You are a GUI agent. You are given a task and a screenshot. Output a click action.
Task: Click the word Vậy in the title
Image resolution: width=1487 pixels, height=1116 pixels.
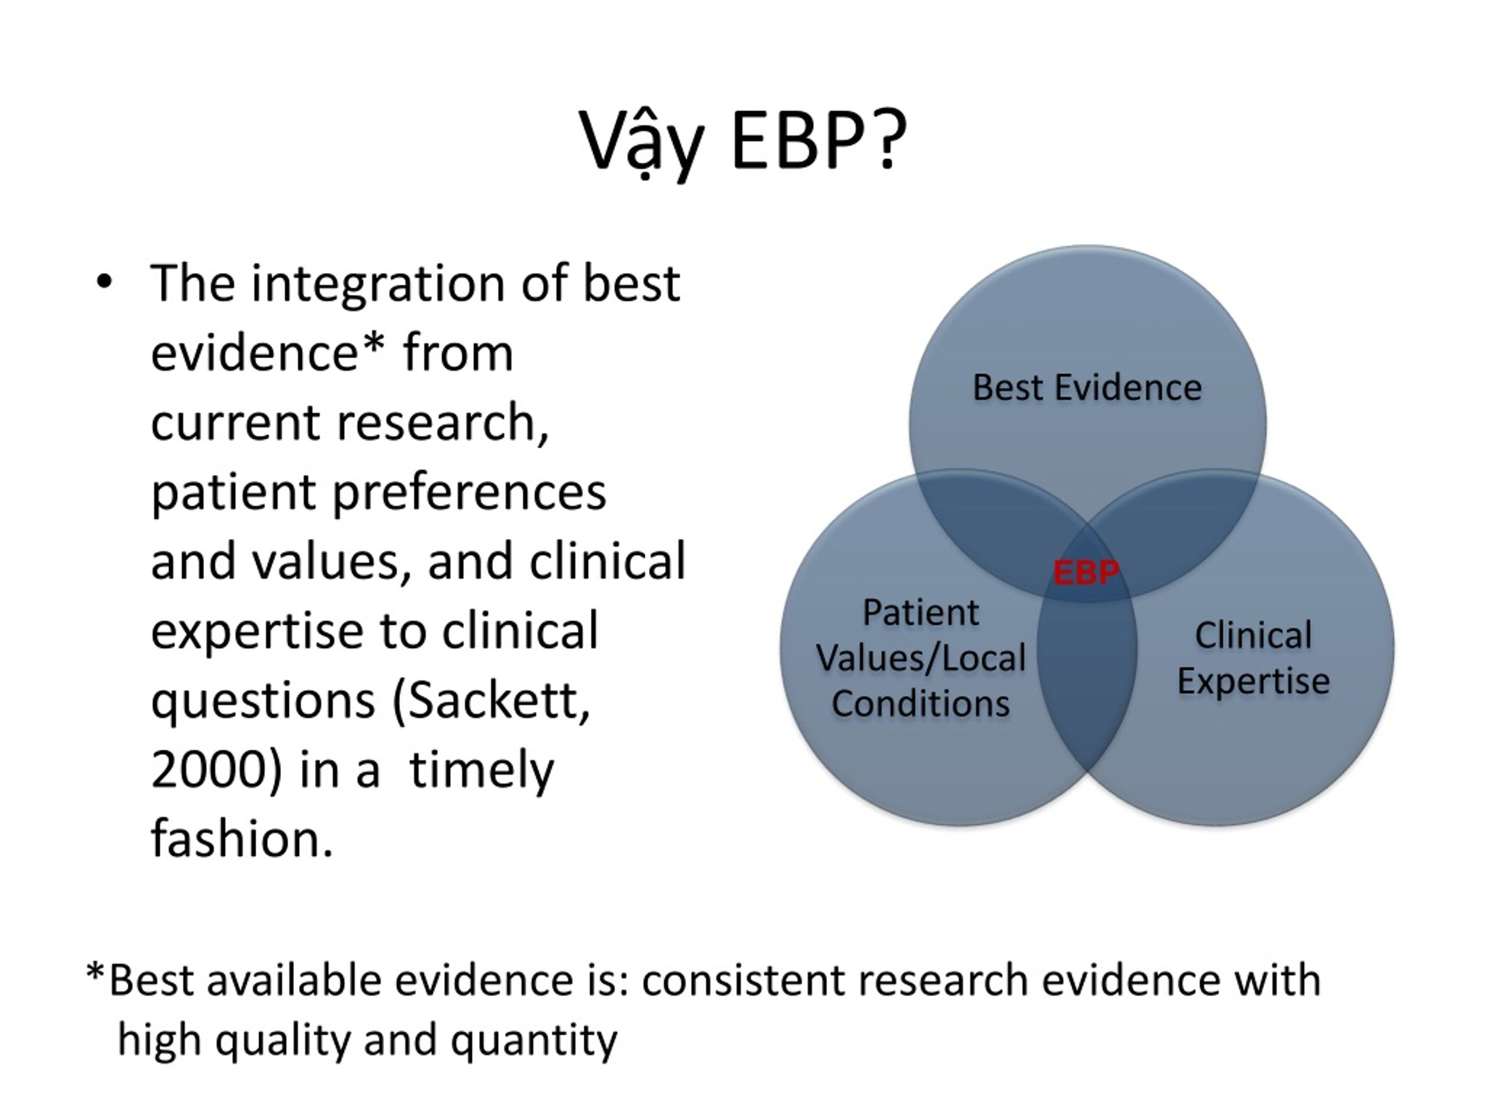pos(642,142)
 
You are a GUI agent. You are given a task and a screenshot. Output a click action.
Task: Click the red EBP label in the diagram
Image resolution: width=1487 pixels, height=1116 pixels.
pos(1086,573)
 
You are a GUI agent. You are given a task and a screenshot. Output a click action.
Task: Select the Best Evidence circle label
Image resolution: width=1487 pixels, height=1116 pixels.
pos(1087,388)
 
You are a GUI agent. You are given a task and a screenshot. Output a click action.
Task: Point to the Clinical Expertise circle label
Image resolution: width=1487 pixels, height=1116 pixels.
pos(1253,657)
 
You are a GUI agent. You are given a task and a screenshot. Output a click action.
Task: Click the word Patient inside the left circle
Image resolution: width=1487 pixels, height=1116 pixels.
pos(921,612)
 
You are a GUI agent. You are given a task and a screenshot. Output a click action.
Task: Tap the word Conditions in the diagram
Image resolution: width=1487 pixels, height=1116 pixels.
pos(921,704)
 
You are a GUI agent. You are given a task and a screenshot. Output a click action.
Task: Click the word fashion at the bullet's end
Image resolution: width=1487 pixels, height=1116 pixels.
pos(241,838)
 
